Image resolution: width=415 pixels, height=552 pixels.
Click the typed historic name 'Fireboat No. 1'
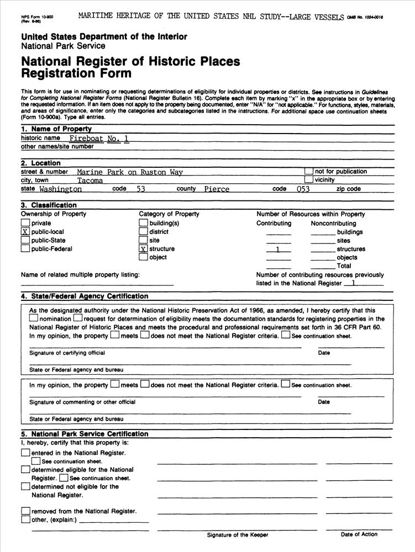click(99, 139)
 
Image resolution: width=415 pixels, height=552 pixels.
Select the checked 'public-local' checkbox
click(25, 232)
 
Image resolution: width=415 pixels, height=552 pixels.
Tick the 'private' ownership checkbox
click(25, 223)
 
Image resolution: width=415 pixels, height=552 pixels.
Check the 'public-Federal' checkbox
click(25, 249)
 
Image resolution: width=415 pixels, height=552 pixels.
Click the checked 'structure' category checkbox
click(143, 249)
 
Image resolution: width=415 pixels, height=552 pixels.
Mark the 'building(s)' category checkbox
click(143, 223)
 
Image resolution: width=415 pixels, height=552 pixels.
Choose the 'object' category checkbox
click(143, 257)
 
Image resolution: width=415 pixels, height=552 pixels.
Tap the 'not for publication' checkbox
click(309, 172)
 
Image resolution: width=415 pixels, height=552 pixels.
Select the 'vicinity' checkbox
click(309, 180)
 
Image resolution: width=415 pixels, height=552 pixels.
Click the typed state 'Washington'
click(61, 189)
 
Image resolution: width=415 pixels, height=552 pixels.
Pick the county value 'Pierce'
click(217, 189)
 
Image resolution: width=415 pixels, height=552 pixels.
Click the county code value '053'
click(303, 189)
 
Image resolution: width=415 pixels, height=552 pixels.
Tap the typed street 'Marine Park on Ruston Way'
click(130, 172)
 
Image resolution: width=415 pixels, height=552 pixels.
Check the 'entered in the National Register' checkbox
click(25, 453)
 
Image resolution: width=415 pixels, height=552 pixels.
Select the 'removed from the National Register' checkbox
click(25, 511)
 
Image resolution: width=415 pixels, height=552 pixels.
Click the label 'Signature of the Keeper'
click(237, 535)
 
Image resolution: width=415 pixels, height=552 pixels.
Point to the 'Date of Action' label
click(359, 534)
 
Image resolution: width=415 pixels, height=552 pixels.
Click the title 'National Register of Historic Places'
click(130, 61)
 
